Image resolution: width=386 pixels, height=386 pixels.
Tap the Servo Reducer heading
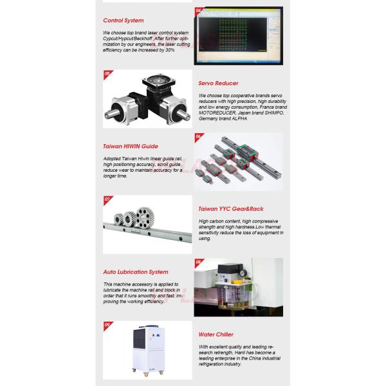pos(218,84)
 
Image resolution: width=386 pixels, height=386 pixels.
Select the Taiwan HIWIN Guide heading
pos(131,146)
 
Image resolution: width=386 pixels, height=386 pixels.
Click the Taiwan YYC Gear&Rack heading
pos(231,208)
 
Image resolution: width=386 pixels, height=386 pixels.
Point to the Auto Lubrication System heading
pos(136,271)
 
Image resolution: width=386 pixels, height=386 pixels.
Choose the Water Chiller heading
pos(216,335)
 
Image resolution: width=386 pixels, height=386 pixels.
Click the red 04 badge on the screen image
pos(198,11)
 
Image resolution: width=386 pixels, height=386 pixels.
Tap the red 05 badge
pos(107,74)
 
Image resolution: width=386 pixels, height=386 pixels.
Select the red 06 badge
pos(198,136)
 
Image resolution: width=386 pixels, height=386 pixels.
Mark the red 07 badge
pos(107,199)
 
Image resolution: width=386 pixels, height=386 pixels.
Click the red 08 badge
pos(198,262)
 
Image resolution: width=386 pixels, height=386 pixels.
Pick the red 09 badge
pos(107,324)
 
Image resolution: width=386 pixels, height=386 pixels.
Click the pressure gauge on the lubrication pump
pos(239,272)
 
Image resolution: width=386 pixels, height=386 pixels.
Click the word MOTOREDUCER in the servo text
pos(221,111)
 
